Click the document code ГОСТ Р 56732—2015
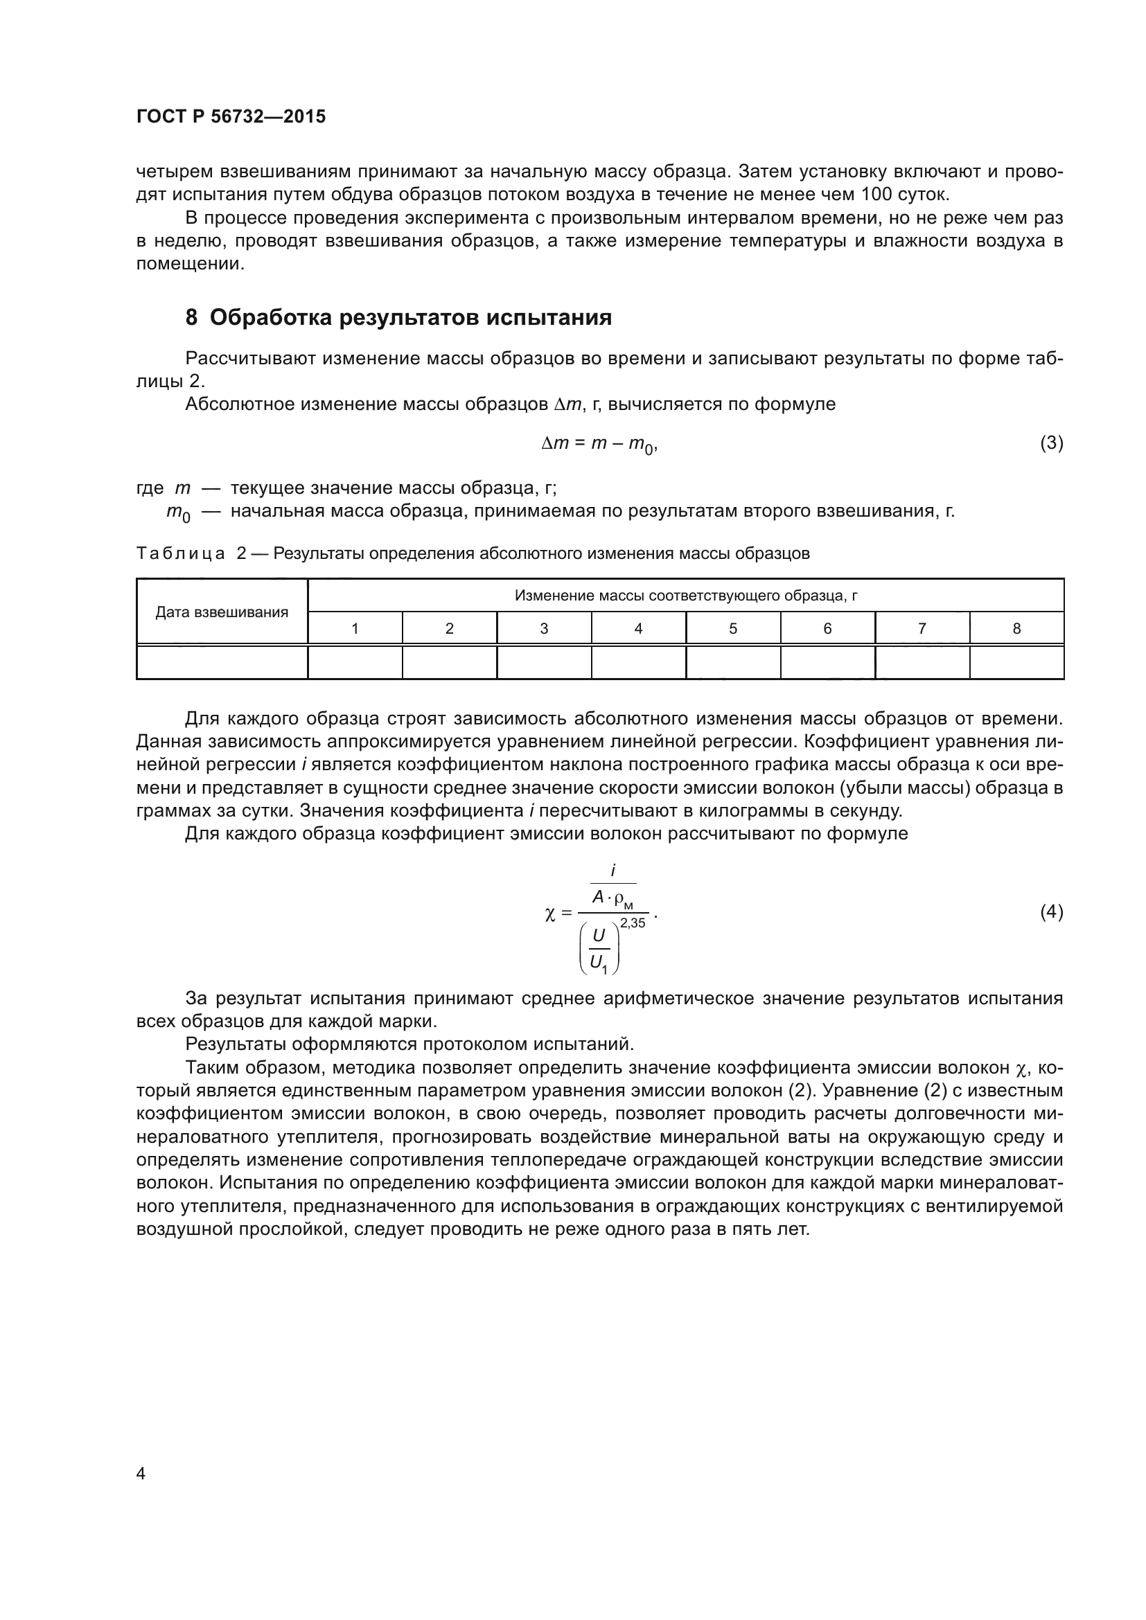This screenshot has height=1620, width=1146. click(231, 117)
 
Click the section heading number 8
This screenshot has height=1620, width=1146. click(191, 318)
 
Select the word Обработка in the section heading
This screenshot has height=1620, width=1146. click(270, 318)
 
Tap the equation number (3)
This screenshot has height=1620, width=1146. click(1051, 443)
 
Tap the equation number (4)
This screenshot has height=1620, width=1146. click(1051, 912)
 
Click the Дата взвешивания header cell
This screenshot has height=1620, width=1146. click(222, 612)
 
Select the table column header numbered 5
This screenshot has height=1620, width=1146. click(732, 628)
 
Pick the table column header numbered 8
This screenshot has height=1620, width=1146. click(1016, 628)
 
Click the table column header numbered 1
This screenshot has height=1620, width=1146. click(355, 628)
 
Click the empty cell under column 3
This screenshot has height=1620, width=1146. click(544, 662)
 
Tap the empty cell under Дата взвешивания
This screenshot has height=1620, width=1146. click(222, 662)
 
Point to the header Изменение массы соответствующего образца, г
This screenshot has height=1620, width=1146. click(685, 596)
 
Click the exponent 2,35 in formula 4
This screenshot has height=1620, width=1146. click(633, 923)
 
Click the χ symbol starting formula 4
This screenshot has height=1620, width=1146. click(550, 914)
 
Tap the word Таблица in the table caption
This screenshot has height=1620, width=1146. click(180, 554)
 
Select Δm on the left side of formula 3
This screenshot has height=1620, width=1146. click(555, 443)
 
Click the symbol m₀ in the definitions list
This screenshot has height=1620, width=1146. click(178, 513)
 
